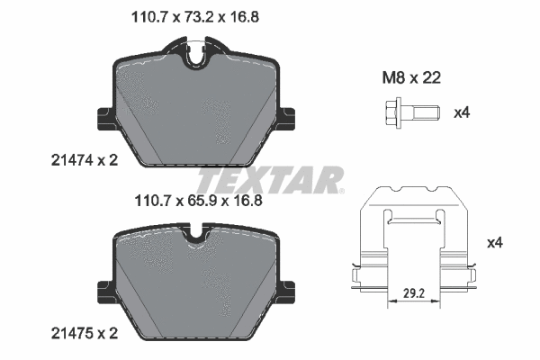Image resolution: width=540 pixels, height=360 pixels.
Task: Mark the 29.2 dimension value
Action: coord(414,292)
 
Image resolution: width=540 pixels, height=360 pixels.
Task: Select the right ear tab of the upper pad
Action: coord(287,119)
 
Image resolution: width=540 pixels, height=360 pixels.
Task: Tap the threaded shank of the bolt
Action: coord(426,113)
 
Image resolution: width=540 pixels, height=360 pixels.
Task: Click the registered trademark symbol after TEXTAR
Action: coord(343,191)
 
